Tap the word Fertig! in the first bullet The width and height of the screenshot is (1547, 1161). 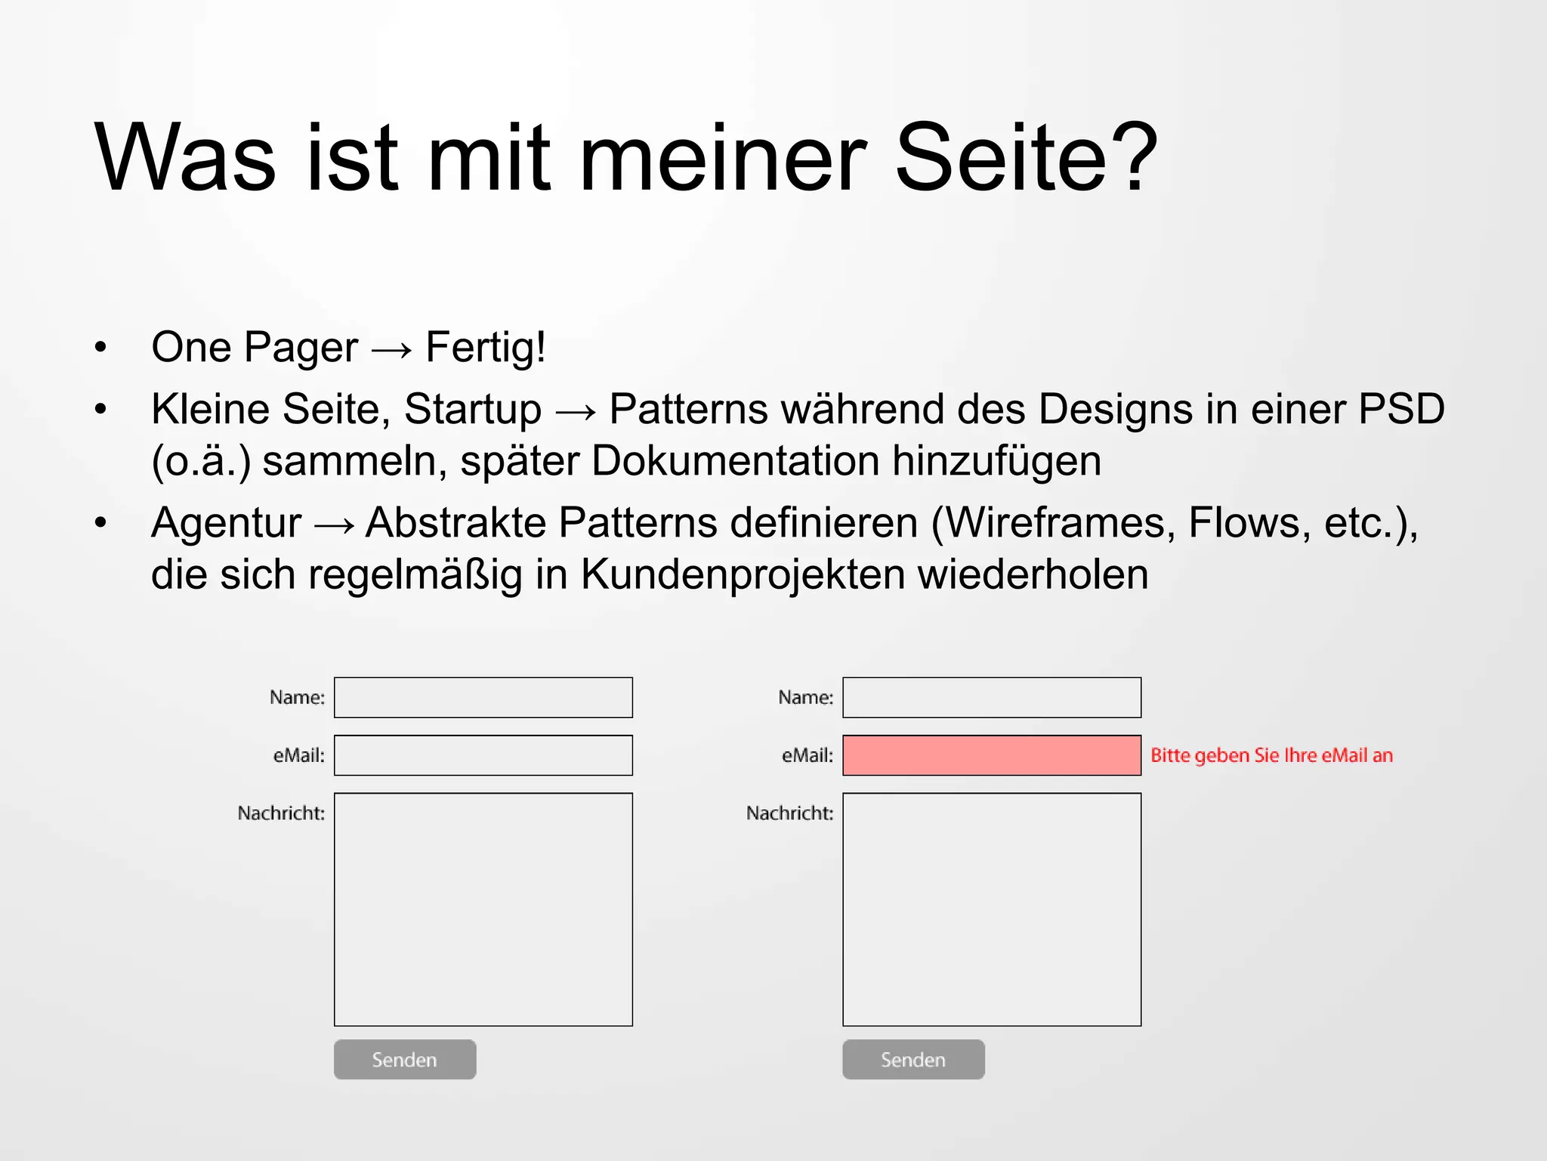[x=485, y=347]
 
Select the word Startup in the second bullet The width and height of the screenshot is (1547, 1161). [x=472, y=409]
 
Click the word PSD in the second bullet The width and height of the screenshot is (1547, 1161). [x=1401, y=409]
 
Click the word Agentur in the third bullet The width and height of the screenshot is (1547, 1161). [x=226, y=522]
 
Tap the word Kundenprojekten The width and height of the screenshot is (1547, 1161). [x=742, y=574]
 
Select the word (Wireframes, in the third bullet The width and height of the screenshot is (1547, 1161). [x=1053, y=522]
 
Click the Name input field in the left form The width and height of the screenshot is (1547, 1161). [x=483, y=697]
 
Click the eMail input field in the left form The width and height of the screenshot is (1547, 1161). [x=483, y=755]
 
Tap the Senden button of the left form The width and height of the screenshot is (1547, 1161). [x=405, y=1059]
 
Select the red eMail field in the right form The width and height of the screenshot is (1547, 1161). [x=991, y=755]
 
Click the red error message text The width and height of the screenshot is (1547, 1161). [x=1271, y=755]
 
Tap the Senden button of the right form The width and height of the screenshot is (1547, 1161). [x=913, y=1059]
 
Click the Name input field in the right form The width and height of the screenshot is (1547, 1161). [x=991, y=697]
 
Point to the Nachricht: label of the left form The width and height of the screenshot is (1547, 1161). [x=281, y=813]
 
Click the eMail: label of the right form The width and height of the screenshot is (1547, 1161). [x=807, y=755]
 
